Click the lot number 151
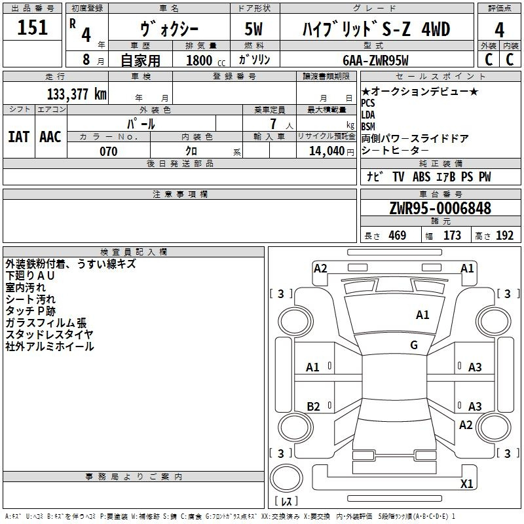click(32, 28)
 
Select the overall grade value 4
click(499, 30)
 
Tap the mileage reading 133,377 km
click(77, 94)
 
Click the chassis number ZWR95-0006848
click(440, 208)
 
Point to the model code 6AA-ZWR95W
click(375, 60)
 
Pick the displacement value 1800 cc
click(206, 60)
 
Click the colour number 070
click(109, 151)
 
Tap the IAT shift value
click(19, 137)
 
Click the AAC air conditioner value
click(50, 137)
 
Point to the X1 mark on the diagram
click(466, 483)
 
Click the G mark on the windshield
click(414, 345)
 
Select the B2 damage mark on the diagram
click(313, 406)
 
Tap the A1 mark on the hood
click(422, 315)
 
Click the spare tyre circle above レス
click(286, 478)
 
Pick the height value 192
click(504, 236)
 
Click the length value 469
click(398, 236)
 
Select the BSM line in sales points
click(368, 126)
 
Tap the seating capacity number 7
click(273, 124)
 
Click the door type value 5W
click(253, 29)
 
